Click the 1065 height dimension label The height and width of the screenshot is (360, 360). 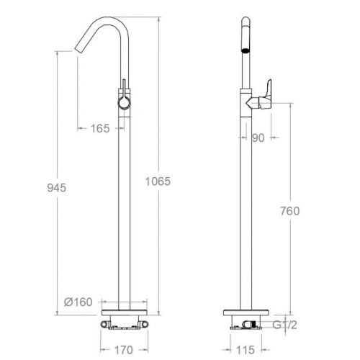158,181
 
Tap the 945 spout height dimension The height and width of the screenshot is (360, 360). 57,188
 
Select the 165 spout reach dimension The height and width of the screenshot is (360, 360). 100,128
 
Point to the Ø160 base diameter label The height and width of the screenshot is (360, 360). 78,302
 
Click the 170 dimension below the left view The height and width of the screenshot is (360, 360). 124,350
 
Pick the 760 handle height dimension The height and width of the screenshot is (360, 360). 290,211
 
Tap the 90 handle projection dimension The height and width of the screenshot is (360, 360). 258,138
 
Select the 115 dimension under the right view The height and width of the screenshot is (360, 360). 246,350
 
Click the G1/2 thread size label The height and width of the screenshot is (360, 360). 285,325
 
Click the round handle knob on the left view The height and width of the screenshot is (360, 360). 125,103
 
